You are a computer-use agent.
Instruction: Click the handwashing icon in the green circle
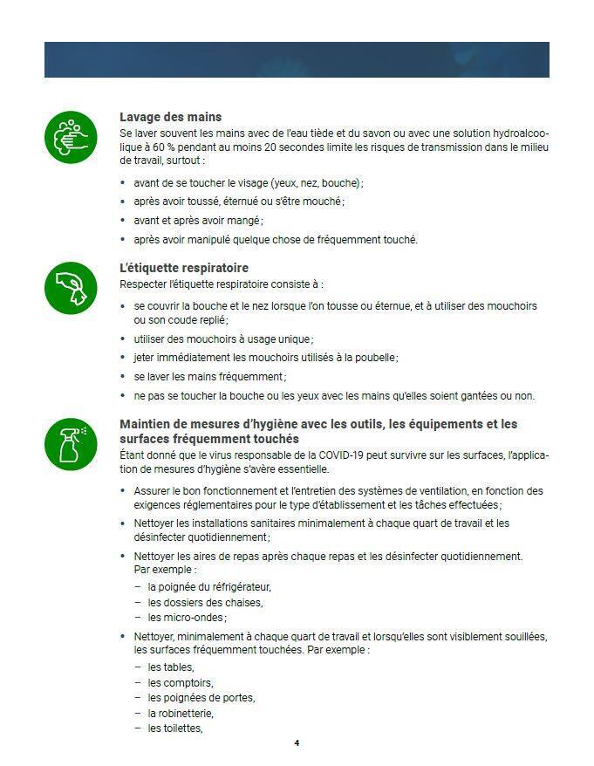[x=72, y=137]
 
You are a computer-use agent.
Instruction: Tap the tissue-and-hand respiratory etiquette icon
[x=72, y=287]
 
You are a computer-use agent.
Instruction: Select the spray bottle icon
[x=72, y=442]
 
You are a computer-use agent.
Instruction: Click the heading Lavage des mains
[x=170, y=117]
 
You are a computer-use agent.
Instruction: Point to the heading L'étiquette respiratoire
[x=183, y=268]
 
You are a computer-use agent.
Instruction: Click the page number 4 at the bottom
[x=297, y=743]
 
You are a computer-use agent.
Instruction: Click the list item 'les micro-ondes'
[x=181, y=618]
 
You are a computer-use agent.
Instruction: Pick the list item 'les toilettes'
[x=175, y=728]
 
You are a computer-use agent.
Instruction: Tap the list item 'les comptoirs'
[x=181, y=682]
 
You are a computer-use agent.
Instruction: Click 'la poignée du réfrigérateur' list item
[x=209, y=586]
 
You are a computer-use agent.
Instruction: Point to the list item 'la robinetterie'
[x=181, y=713]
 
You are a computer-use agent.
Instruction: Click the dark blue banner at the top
[x=297, y=59]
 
